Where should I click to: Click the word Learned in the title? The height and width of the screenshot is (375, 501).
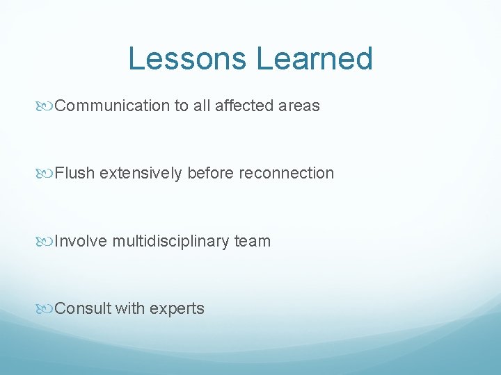[x=315, y=59]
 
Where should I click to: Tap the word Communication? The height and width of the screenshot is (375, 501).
[x=112, y=106]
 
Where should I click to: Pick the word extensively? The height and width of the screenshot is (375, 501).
[x=141, y=174]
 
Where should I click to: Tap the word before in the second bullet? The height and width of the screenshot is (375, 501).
[x=212, y=174]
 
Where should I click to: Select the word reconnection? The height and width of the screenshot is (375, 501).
[x=286, y=174]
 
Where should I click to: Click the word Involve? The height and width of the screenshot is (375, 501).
[x=81, y=242]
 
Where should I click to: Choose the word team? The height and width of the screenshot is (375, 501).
[x=253, y=242]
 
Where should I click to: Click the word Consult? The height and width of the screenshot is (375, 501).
[x=82, y=309]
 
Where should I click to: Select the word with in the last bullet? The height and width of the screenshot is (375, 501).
[x=131, y=309]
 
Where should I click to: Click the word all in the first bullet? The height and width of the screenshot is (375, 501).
[x=202, y=106]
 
